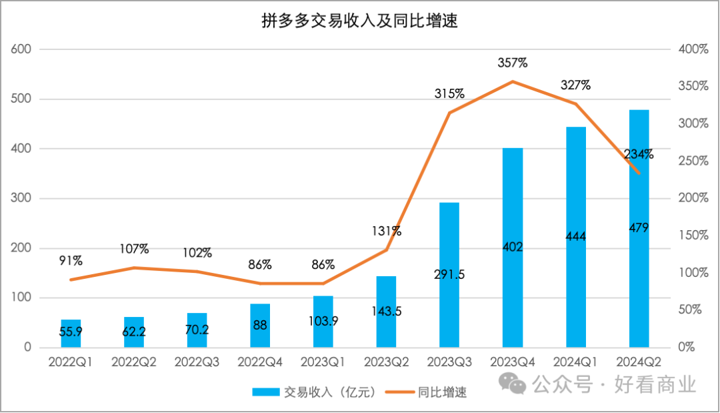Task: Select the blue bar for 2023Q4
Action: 513,280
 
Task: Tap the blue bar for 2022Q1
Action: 71,334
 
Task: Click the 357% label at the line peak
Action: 513,63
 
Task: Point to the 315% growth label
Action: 449,94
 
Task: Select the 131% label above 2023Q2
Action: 387,232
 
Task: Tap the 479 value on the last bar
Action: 639,228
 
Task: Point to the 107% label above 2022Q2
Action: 134,250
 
